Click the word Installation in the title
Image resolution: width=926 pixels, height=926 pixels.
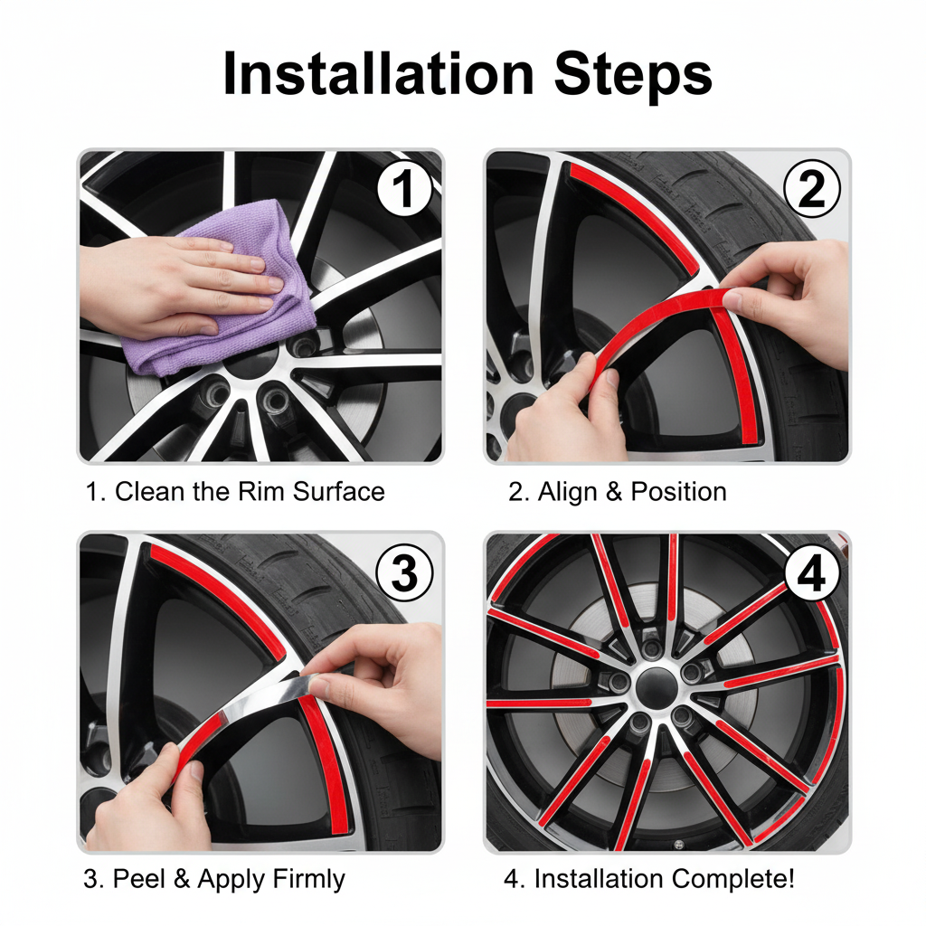(379, 74)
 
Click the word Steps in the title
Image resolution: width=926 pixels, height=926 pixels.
(633, 74)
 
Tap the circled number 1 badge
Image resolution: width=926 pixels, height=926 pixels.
(404, 188)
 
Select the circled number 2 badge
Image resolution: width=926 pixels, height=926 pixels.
(812, 188)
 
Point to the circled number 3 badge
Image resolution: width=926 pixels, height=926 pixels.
(404, 572)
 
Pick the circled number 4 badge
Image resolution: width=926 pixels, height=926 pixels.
(812, 572)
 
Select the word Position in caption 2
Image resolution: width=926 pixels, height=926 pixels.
(678, 491)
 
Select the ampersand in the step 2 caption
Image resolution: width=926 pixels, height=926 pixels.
(614, 492)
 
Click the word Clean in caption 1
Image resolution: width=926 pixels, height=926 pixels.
(150, 491)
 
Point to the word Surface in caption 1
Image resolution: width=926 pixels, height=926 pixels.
(339, 491)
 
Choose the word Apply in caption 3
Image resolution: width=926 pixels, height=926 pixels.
(232, 880)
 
